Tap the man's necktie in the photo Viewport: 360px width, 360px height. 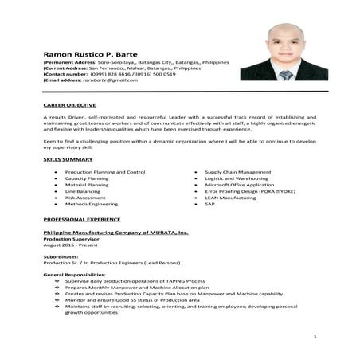tap(286, 75)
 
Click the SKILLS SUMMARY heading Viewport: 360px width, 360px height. tap(68, 160)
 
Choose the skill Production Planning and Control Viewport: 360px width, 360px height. tap(105, 172)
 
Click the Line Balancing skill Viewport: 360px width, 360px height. tap(83, 191)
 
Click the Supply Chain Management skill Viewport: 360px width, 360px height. tap(237, 172)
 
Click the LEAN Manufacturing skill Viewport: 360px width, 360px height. tap(231, 198)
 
